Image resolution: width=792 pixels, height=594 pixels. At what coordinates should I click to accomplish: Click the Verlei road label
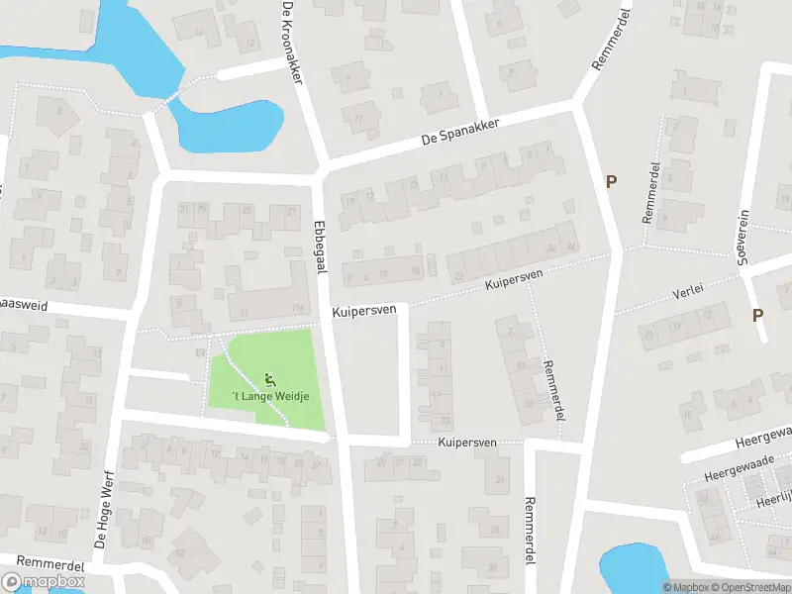point(687,291)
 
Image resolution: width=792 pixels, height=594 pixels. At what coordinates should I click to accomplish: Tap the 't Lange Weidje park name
point(270,397)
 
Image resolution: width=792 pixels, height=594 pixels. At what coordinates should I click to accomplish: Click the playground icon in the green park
point(270,379)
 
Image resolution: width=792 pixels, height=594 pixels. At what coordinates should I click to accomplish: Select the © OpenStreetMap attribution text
point(748,587)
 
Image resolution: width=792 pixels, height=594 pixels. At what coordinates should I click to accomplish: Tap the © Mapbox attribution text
point(686,587)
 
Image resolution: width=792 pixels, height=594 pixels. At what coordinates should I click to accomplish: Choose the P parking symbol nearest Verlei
point(758,315)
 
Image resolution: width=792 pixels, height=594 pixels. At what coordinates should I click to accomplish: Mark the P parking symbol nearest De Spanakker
point(612,181)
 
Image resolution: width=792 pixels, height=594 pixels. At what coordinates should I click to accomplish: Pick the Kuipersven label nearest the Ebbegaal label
point(363,310)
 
